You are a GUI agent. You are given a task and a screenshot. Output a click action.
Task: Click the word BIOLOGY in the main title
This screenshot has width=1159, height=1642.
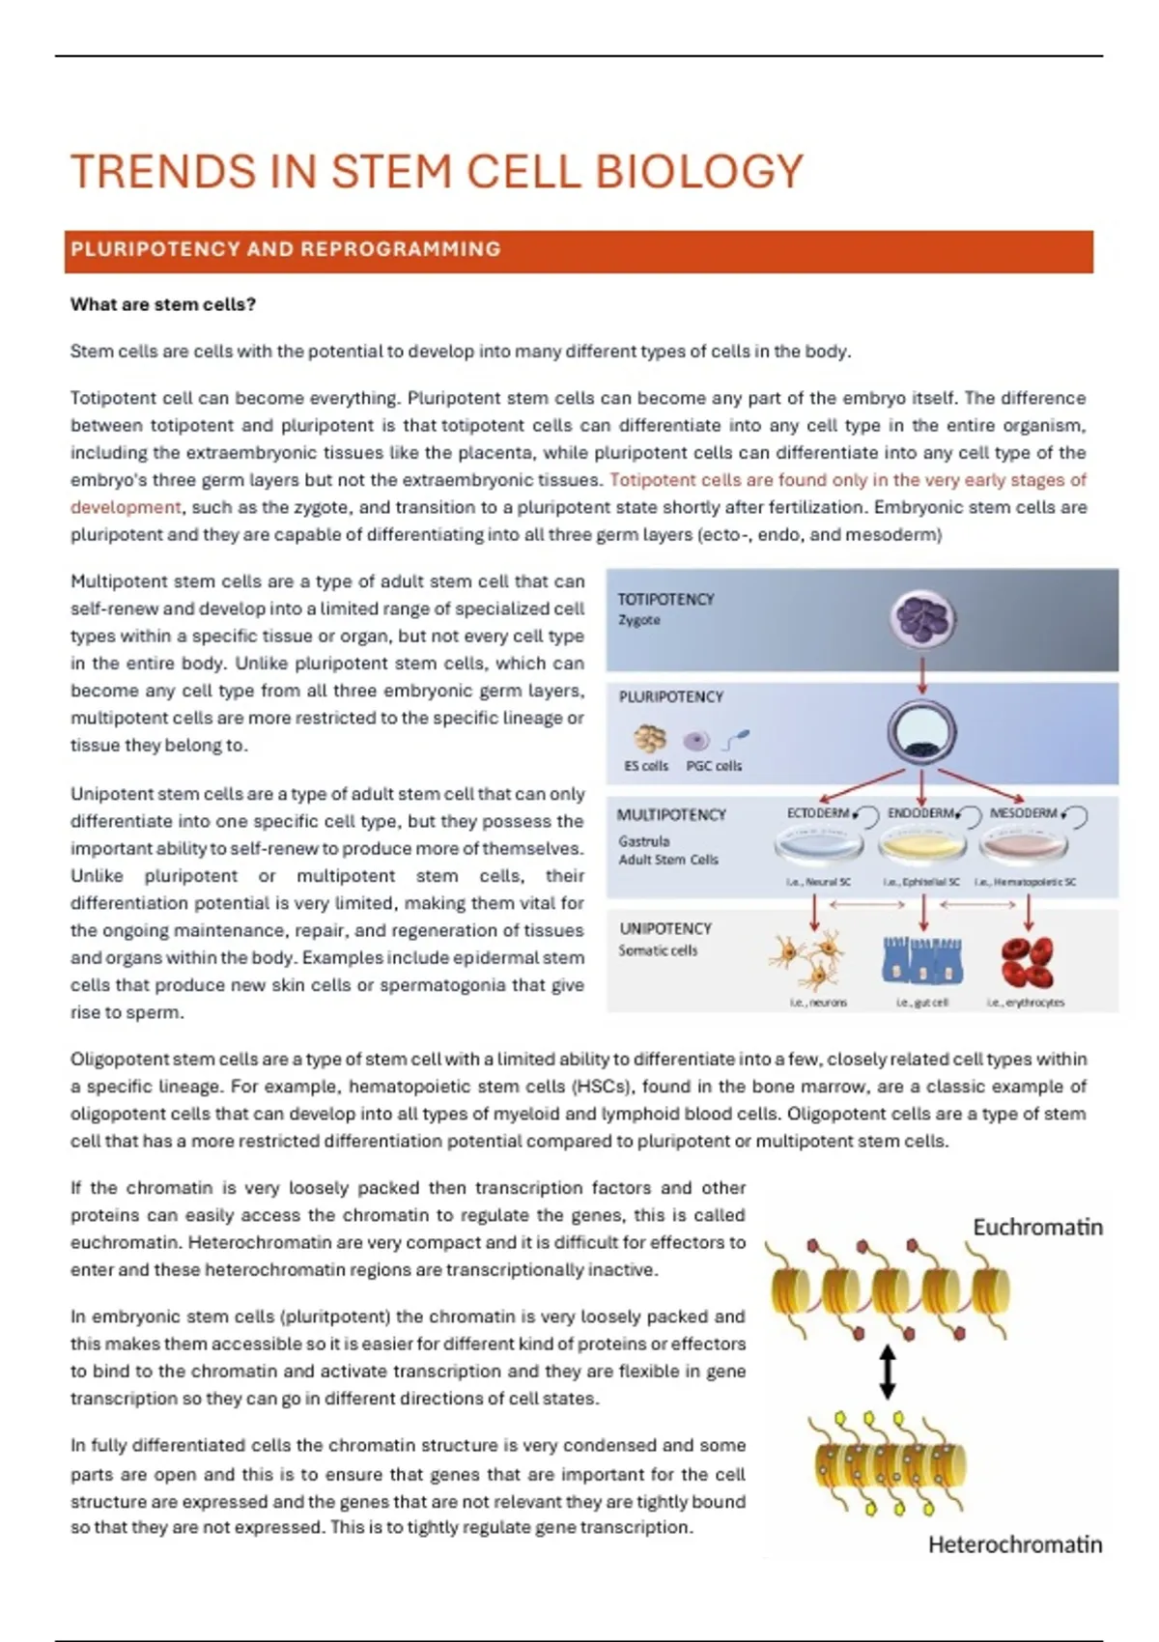698,172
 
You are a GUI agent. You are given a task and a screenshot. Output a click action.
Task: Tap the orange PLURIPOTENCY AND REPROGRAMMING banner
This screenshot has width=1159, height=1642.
579,250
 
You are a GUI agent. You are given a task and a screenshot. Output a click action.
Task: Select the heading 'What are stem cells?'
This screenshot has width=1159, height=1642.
163,305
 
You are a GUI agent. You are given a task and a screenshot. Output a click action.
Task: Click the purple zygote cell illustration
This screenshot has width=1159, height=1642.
923,619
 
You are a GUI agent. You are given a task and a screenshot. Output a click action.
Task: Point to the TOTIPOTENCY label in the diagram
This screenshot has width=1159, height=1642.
665,600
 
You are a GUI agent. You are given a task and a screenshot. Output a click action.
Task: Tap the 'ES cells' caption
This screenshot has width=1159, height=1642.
646,766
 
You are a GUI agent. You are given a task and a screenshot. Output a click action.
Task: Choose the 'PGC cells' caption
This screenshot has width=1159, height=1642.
714,766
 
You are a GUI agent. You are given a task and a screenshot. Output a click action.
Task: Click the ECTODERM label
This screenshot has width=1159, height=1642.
818,813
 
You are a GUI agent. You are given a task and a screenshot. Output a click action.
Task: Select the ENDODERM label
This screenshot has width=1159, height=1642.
920,813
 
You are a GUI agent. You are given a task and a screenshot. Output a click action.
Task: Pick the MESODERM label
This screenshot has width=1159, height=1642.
1024,813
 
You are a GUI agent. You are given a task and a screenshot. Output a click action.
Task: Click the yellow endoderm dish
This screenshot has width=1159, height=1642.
922,848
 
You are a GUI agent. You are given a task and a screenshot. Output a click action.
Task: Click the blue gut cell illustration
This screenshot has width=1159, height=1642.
922,960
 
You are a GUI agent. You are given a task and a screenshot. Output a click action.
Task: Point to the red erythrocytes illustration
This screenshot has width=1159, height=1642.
1027,961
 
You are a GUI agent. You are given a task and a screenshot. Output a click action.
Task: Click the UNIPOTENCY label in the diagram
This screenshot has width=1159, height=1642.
665,928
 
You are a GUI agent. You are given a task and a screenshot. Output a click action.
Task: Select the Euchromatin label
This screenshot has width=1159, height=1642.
1037,1228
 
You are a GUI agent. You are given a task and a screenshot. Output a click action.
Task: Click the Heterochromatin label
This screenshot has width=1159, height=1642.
1014,1545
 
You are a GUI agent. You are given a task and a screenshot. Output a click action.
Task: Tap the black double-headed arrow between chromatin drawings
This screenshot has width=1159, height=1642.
887,1373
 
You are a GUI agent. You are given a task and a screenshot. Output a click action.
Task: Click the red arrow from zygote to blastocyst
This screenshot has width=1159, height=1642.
922,675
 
